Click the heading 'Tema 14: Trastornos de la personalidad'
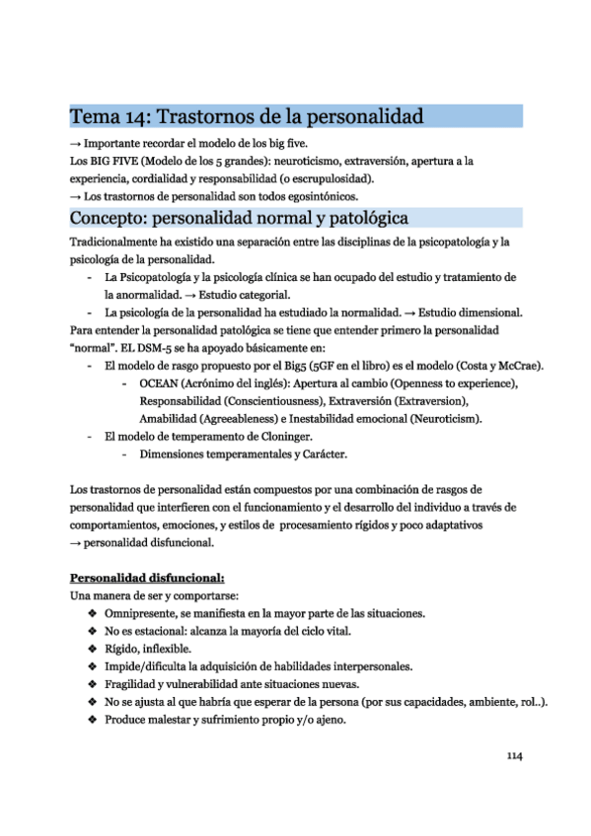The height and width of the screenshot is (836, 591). coord(247,116)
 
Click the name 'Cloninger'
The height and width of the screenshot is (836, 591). coord(281,436)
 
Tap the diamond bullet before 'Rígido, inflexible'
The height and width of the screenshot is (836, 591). coord(92,649)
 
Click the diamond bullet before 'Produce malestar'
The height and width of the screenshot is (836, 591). coord(92,720)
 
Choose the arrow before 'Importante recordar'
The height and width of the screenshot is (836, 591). coord(75,143)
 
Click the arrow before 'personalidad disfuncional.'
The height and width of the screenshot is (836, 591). coord(75,543)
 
